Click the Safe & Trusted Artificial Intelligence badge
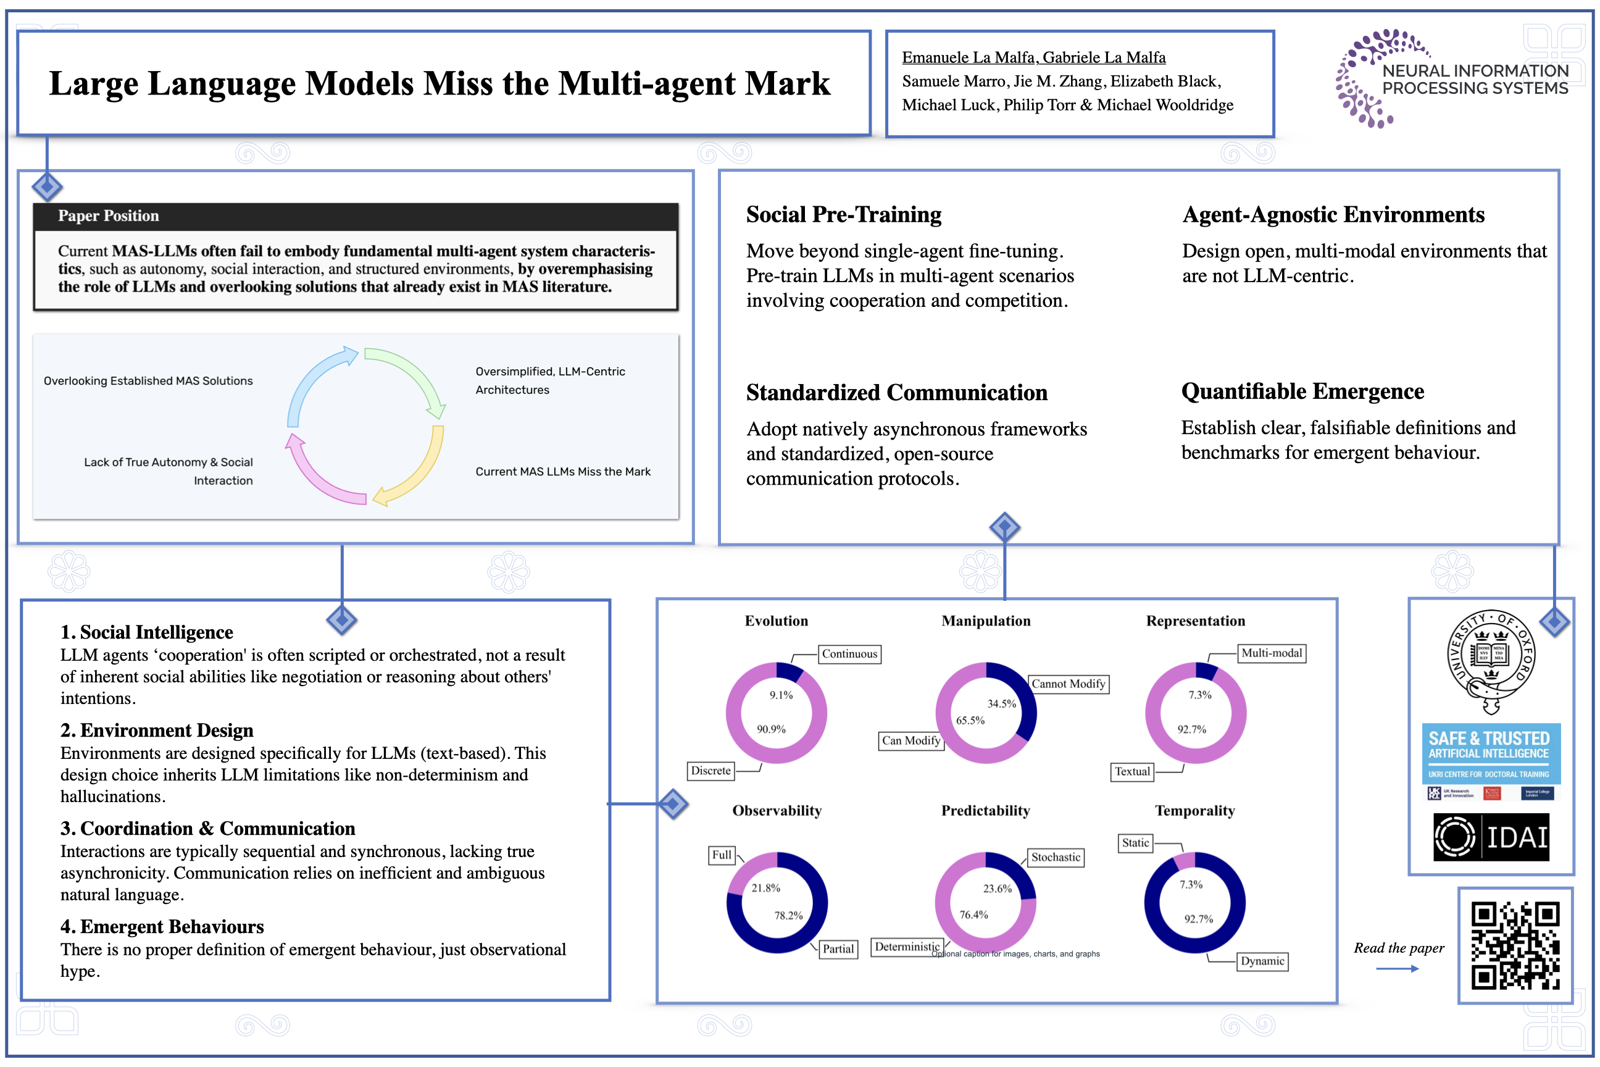click(1491, 753)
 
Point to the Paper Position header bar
click(355, 216)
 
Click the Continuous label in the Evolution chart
click(849, 654)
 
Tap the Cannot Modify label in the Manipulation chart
click(1068, 684)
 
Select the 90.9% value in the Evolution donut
click(771, 729)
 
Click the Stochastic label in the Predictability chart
click(1055, 858)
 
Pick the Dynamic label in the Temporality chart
click(1262, 961)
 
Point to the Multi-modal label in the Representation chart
click(1272, 653)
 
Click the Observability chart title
click(777, 811)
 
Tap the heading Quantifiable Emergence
click(1302, 391)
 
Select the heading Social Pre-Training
click(844, 214)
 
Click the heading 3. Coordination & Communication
click(207, 828)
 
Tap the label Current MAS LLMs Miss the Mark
click(562, 472)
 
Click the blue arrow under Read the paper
click(1396, 968)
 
